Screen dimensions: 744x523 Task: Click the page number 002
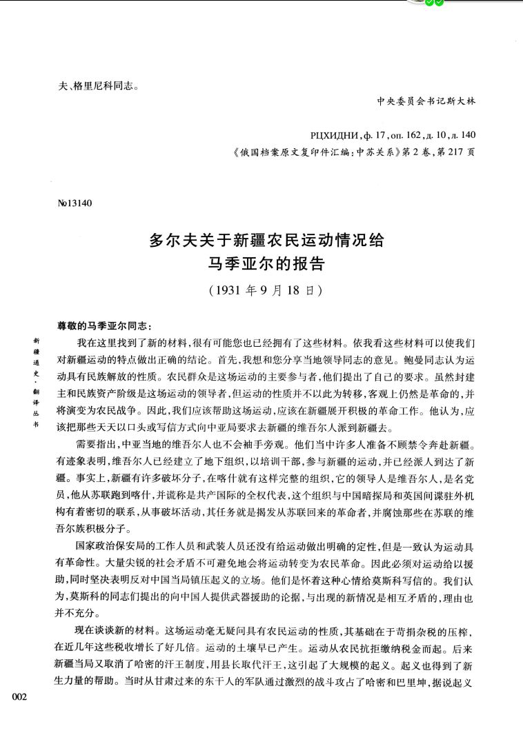tap(19, 698)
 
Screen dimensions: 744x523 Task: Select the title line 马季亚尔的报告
tap(266, 264)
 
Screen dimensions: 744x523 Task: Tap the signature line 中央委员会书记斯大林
tap(426, 101)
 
